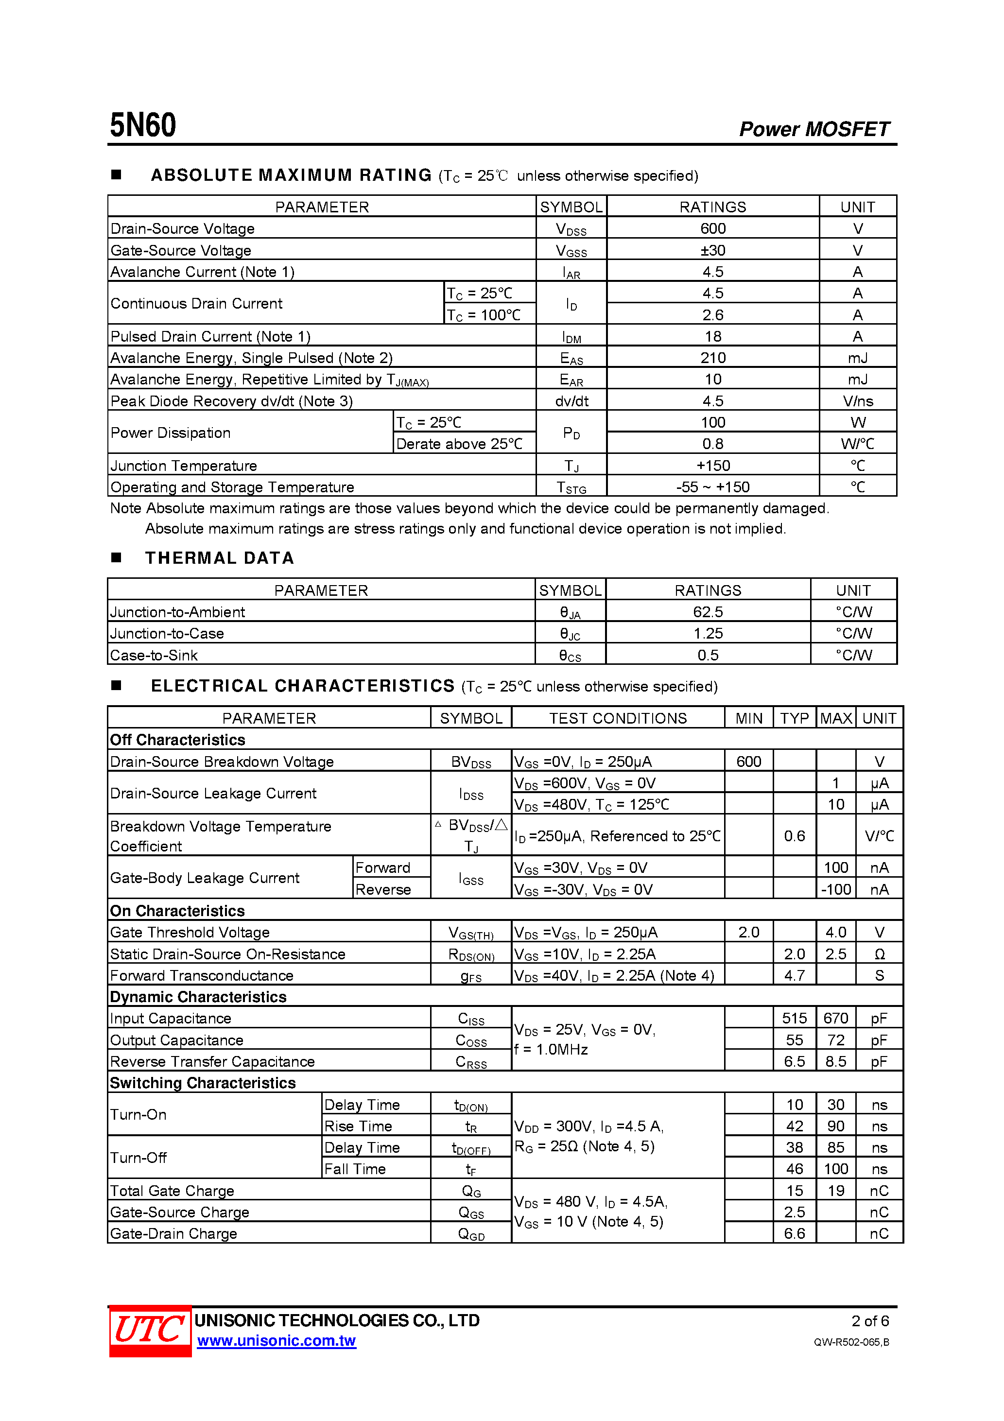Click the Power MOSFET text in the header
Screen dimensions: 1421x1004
click(814, 129)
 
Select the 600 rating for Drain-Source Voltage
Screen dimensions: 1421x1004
click(712, 228)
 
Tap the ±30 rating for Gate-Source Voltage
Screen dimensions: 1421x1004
click(712, 250)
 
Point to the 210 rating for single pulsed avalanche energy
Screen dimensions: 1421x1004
click(712, 358)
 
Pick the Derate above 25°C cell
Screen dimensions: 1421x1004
click(459, 444)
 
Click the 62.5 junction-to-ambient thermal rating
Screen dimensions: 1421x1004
click(708, 612)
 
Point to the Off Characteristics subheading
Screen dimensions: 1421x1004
click(178, 740)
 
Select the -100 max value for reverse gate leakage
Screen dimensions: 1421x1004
click(836, 889)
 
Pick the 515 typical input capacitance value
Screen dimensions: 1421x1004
click(794, 1018)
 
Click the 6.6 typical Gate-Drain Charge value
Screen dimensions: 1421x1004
click(794, 1233)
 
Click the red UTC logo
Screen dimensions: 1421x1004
click(150, 1331)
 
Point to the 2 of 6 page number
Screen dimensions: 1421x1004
click(870, 1321)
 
